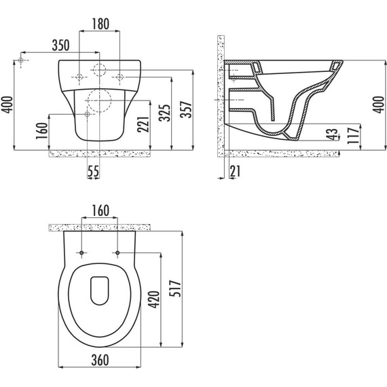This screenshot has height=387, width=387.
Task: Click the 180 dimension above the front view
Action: click(100, 24)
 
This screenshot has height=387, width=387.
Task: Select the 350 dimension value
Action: click(60, 45)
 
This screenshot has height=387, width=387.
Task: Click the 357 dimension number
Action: click(186, 109)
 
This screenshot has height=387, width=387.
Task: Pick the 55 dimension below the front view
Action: click(93, 171)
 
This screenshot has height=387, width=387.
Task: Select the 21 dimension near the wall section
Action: click(235, 171)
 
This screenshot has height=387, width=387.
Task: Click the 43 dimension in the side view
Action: click(333, 134)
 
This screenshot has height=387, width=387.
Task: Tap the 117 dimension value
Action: click(354, 134)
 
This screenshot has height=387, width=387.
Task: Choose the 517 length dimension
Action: click(175, 289)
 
